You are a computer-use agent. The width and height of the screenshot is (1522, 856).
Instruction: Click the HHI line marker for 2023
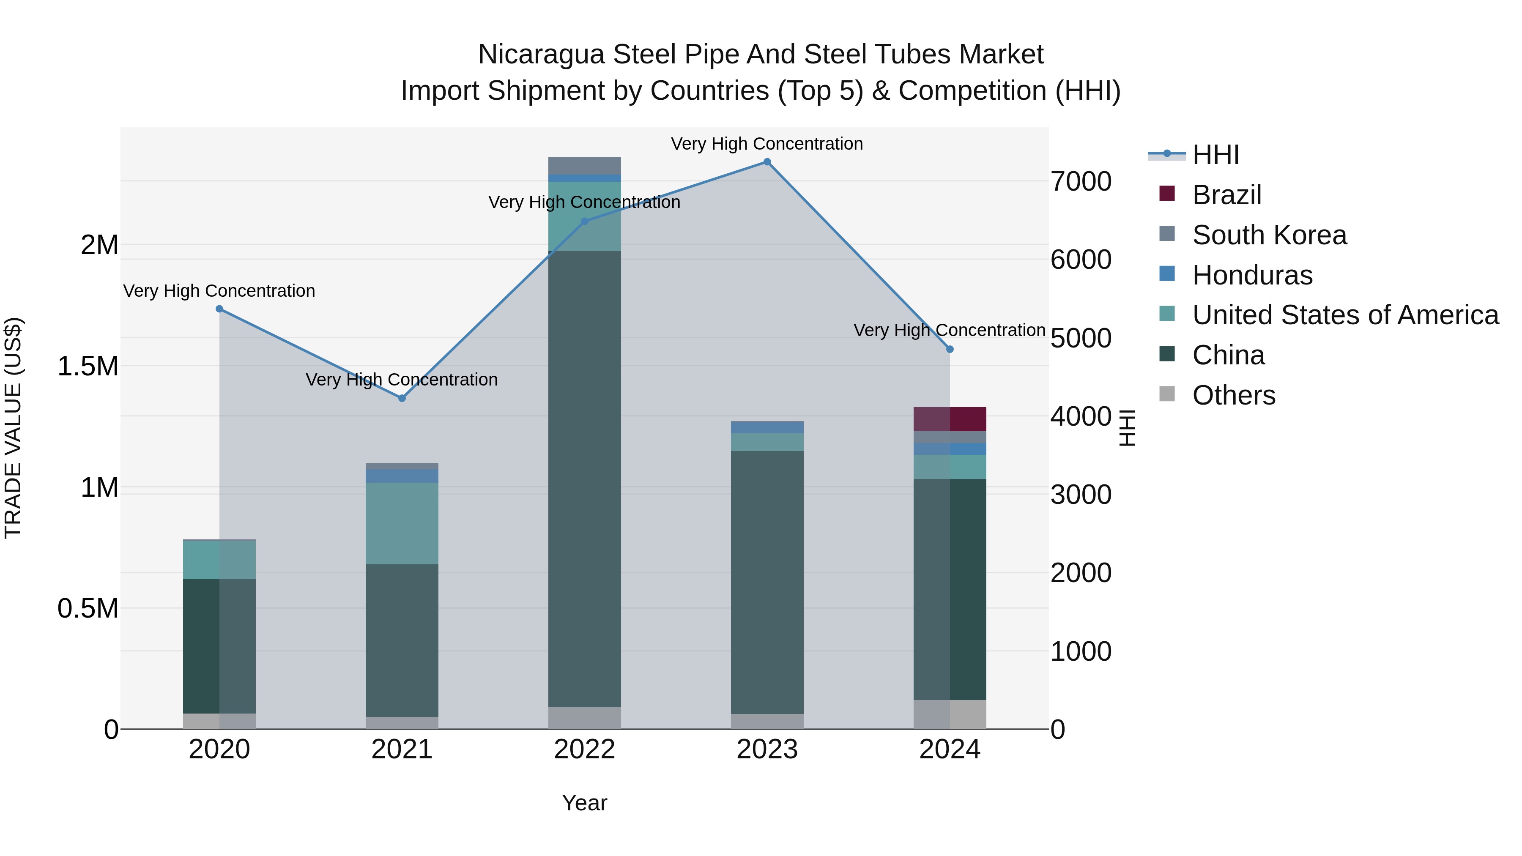(x=767, y=162)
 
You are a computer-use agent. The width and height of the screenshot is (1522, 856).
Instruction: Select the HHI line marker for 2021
(x=402, y=398)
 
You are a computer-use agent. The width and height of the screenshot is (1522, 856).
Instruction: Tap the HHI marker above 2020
(x=219, y=309)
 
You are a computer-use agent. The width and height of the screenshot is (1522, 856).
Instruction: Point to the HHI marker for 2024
(x=950, y=350)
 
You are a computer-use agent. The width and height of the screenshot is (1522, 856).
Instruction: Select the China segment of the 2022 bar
(x=584, y=479)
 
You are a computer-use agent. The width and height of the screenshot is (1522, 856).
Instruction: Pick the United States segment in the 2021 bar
(x=402, y=523)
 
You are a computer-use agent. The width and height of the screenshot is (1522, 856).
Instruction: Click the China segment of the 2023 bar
(x=767, y=582)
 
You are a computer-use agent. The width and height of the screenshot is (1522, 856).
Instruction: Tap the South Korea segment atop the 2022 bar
(x=584, y=165)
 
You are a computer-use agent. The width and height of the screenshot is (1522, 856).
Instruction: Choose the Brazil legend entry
(x=1226, y=195)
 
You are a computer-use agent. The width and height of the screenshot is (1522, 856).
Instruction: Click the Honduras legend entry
(x=1252, y=275)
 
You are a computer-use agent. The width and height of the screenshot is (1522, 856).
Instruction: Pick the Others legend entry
(x=1233, y=395)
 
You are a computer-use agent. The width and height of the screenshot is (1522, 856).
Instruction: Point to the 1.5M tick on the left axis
(x=88, y=366)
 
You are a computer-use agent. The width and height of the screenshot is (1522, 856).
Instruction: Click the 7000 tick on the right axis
(x=1081, y=181)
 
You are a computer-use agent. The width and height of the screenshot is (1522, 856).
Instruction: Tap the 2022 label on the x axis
(x=584, y=749)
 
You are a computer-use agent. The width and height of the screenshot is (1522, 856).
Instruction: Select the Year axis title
(x=584, y=803)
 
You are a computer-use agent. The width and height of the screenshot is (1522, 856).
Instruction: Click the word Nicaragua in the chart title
(x=541, y=55)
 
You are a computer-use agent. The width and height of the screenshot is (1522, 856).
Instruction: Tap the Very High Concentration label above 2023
(x=767, y=144)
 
